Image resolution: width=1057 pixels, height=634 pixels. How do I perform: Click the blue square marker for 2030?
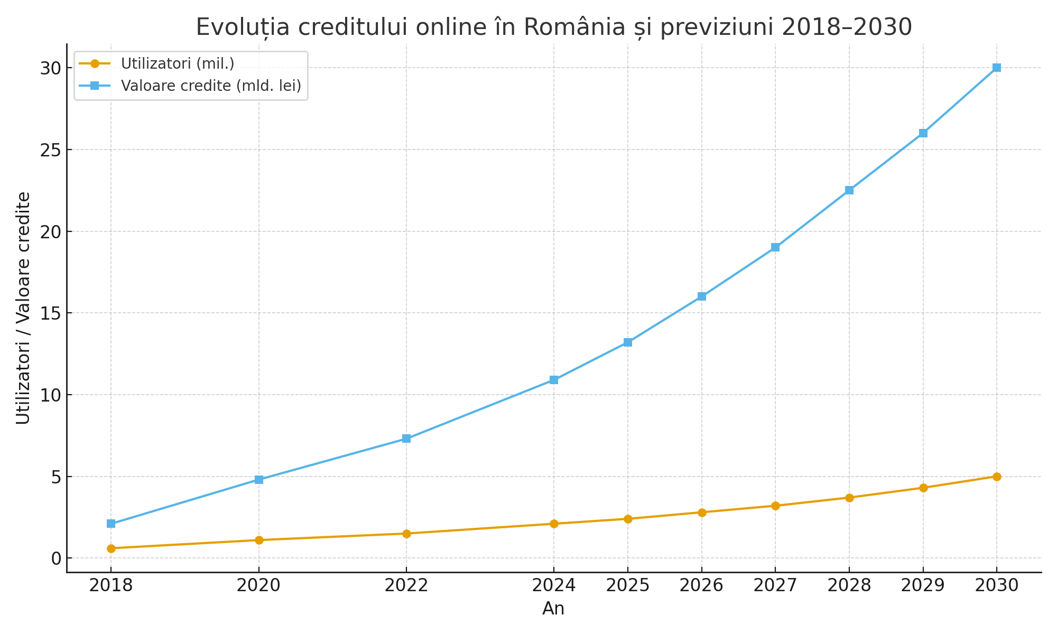(997, 68)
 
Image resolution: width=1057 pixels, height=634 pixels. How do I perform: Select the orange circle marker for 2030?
(997, 477)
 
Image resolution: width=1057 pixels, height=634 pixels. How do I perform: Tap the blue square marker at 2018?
(111, 524)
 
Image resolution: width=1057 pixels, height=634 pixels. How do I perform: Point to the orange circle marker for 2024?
(554, 524)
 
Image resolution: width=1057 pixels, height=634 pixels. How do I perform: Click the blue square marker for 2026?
(702, 296)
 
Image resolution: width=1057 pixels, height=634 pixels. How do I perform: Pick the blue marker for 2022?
(406, 439)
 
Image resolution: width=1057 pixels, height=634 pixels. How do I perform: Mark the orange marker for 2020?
(259, 540)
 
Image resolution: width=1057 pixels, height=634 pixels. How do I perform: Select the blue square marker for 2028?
(849, 190)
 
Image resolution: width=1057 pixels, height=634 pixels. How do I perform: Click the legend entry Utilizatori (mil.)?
(178, 63)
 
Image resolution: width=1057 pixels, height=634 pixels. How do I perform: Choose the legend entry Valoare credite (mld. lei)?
(211, 86)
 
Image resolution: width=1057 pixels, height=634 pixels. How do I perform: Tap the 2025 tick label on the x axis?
(627, 586)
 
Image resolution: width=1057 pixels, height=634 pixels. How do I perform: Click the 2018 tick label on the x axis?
(111, 586)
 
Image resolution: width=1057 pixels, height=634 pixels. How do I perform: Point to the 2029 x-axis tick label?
(923, 586)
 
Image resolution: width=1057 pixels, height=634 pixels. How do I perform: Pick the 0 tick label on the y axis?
(56, 558)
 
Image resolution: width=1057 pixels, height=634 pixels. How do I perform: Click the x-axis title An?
(553, 609)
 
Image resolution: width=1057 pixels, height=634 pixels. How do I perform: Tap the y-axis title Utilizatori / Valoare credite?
(23, 308)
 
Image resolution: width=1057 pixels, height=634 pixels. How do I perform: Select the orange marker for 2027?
(775, 506)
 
